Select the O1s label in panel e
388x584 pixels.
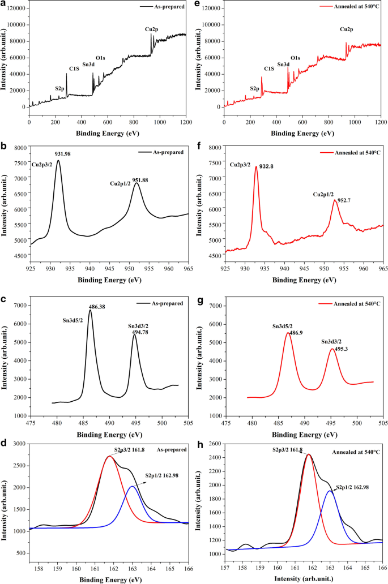tap(295, 58)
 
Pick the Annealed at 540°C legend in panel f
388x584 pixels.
tap(353, 152)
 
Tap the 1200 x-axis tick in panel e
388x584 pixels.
tap(381, 121)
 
